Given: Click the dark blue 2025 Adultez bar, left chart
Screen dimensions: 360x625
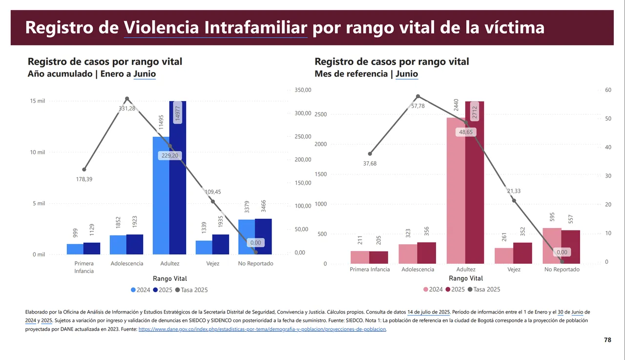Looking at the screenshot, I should (178, 195).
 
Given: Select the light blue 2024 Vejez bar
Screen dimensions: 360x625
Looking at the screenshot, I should (204, 247).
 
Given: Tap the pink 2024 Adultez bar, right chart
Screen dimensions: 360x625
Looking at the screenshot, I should (456, 195).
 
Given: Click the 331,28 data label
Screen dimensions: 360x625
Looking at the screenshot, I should (127, 108).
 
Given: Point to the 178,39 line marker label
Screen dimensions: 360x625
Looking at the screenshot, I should (84, 179).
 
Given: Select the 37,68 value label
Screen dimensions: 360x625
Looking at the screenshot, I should (370, 164).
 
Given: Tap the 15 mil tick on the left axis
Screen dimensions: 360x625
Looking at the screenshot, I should (38, 101).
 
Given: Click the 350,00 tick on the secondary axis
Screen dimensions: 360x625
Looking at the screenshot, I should (303, 90).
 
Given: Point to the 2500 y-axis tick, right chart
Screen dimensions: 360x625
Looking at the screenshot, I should (320, 114).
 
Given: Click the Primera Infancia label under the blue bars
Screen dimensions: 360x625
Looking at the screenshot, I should (84, 267).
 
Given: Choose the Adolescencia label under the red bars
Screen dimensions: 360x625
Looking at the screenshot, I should (417, 270).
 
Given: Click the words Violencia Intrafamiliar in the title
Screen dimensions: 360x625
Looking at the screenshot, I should (215, 27).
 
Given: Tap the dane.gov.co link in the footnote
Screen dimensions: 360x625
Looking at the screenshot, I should (263, 330).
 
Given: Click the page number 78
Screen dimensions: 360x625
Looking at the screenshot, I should (607, 340).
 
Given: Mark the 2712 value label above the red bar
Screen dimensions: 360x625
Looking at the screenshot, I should (474, 113).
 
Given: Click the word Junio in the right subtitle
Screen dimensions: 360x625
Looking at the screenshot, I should (407, 74).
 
